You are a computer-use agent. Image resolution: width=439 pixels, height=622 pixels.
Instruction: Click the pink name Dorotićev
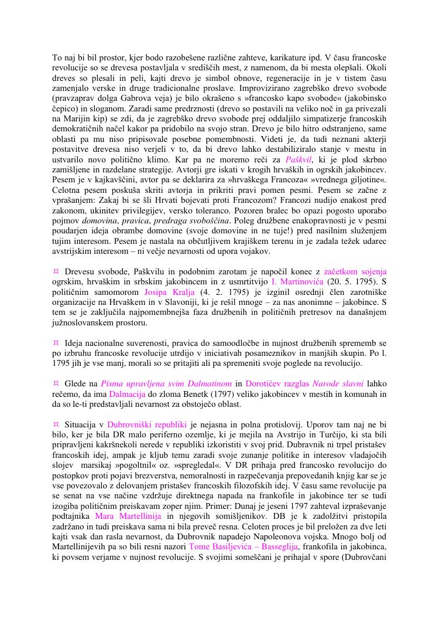266,383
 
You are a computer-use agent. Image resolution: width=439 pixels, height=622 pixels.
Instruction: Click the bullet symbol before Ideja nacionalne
56,341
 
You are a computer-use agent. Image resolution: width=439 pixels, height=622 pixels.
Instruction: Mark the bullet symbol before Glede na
56,383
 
